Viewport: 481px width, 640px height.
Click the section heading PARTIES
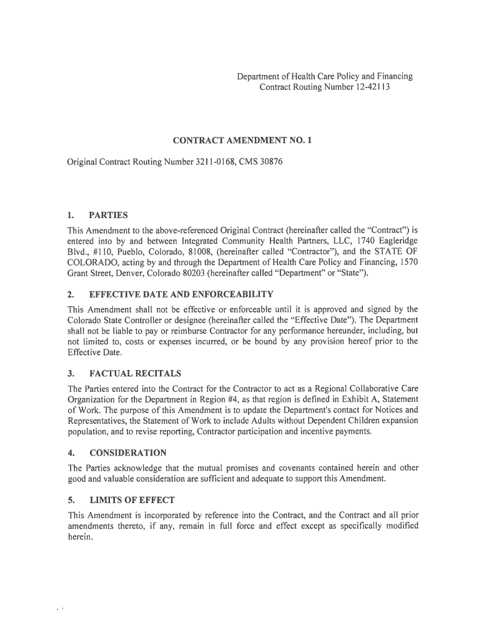pyautogui.click(x=109, y=215)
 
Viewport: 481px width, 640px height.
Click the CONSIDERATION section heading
pyautogui.click(x=128, y=452)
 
